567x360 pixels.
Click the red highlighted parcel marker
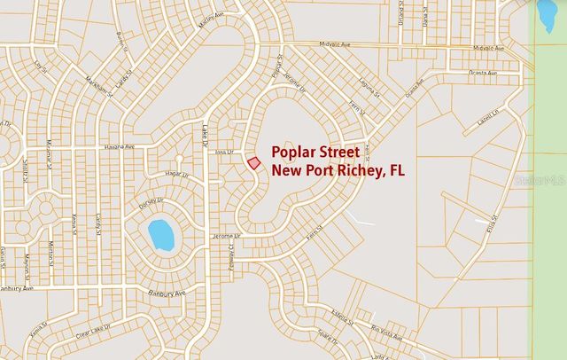(253, 163)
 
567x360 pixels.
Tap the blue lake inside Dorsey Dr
(161, 235)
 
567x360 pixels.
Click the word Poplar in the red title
(297, 151)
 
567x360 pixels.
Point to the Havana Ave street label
(117, 147)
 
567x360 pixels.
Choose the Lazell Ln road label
(487, 117)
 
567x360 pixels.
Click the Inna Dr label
(222, 152)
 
